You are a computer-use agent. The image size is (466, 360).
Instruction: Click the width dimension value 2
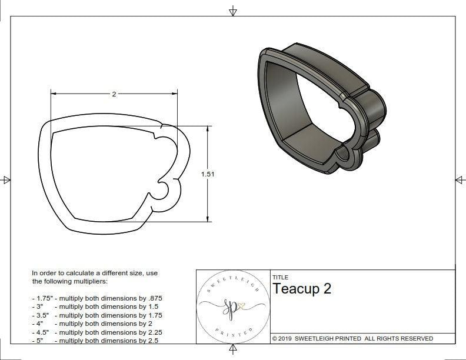114,94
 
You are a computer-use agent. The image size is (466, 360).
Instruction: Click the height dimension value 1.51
207,174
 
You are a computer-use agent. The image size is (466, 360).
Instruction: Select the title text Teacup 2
301,289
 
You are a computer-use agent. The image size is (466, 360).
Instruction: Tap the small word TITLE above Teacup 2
280,277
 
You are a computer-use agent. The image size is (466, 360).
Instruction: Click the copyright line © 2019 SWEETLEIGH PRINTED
352,338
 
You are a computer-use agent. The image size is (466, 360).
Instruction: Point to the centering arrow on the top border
233,11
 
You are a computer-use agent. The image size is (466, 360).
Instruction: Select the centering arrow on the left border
6,180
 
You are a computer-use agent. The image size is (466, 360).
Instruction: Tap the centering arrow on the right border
460,180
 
